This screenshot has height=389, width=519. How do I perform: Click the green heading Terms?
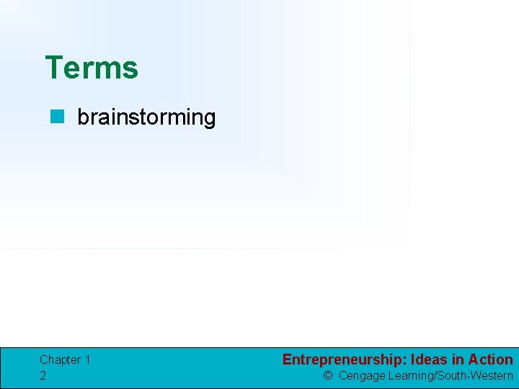point(91,68)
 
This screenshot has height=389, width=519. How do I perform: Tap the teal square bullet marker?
point(56,117)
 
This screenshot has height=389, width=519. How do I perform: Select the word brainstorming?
point(146,117)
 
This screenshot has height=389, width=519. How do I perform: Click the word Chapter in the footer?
point(60,359)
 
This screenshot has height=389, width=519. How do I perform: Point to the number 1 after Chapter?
point(87,359)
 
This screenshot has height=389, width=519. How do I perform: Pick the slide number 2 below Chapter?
point(43,375)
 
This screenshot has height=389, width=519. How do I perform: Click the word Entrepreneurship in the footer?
point(343,359)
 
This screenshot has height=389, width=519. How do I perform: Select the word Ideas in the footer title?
point(430,359)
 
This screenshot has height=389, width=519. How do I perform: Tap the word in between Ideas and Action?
point(458,359)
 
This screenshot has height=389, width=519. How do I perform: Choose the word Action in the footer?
point(490,359)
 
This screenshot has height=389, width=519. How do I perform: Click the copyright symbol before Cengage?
point(328,375)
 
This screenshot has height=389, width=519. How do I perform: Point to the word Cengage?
point(362,375)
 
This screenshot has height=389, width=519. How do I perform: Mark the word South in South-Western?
point(452,375)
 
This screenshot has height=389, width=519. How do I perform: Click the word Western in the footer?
point(492,375)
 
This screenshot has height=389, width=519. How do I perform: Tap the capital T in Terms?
point(53,68)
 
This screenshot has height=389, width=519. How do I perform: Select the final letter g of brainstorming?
point(209,119)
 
